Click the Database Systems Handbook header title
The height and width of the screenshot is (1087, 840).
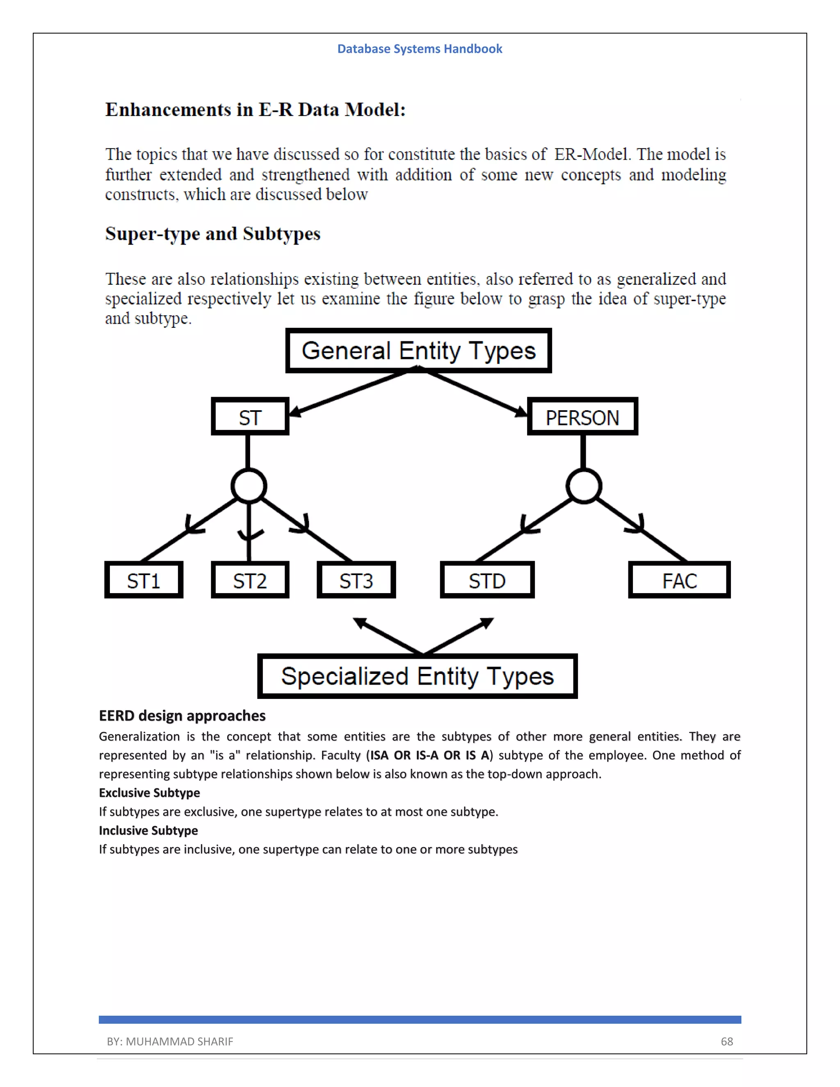tap(420, 49)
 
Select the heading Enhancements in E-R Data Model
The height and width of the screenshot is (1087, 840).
tap(255, 110)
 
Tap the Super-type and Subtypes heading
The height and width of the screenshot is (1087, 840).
tap(212, 233)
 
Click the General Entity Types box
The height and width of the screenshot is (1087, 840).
tap(418, 350)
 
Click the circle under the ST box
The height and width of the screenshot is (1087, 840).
tap(249, 486)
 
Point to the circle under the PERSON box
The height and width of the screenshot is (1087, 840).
tap(584, 486)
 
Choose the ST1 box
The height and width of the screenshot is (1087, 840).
tap(143, 580)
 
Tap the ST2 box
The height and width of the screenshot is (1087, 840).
tap(250, 580)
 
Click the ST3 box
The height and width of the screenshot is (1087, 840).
tap(356, 580)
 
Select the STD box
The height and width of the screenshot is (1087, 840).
tap(487, 580)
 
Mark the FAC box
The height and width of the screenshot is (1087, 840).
tap(679, 580)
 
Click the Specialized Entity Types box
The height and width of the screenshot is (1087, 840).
tap(417, 676)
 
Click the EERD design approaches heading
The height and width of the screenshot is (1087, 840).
tap(182, 716)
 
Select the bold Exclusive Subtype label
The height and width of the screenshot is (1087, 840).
tap(149, 793)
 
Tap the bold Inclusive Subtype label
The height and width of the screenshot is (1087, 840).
tap(148, 831)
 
